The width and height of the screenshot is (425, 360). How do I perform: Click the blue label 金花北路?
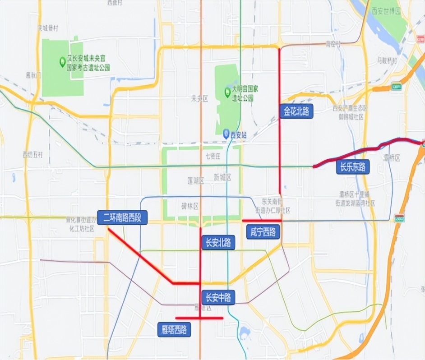pos(296,111)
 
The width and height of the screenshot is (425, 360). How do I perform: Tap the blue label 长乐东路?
pos(352,167)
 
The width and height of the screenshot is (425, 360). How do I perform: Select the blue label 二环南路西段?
pos(122,218)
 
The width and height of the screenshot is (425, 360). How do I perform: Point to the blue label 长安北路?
pos(218,242)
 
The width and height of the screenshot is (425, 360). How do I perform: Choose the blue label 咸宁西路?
pos(263,232)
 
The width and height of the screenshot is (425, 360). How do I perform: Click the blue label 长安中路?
pos(218,297)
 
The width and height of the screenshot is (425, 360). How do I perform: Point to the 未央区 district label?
pos(199,99)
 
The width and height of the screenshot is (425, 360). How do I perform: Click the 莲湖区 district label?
pos(195,180)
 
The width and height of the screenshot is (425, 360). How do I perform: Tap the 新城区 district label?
pos(222,177)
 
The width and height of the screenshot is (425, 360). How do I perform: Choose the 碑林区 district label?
pos(189,207)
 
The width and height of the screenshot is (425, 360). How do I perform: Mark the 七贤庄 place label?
pos(212,157)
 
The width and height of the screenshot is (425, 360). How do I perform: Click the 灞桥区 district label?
pos(392,157)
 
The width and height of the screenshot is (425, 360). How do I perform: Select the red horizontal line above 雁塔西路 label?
pos(199,318)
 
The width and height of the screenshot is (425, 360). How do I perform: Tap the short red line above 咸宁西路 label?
pos(262,221)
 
